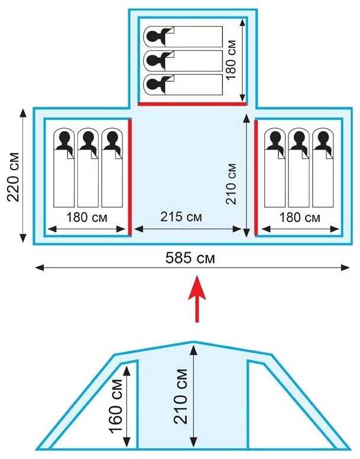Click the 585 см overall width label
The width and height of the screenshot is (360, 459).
click(190, 258)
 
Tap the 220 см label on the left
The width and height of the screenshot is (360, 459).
click(14, 177)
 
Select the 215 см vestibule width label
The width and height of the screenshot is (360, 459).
click(181, 217)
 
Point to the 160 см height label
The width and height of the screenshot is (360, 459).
click(116, 406)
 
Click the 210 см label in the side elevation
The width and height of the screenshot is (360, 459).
click(181, 397)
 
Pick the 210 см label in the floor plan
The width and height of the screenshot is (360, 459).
click(231, 184)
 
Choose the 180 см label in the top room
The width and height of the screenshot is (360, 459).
click(231, 60)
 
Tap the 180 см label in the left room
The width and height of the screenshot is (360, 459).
click(87, 217)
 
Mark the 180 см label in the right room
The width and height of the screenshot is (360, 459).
click(300, 217)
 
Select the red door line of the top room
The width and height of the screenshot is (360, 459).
click(192, 103)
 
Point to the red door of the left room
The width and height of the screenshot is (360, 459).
click(130, 177)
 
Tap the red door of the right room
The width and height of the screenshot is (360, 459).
click(256, 177)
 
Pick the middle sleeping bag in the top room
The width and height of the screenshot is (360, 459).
click(183, 61)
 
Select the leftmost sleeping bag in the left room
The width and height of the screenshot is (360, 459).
click(64, 167)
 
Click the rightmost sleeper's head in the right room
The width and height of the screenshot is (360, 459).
click(323, 138)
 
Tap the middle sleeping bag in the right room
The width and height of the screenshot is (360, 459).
click(299, 167)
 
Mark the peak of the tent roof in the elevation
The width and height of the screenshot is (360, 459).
click(193, 341)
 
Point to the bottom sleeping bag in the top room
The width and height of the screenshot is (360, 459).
click(183, 84)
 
